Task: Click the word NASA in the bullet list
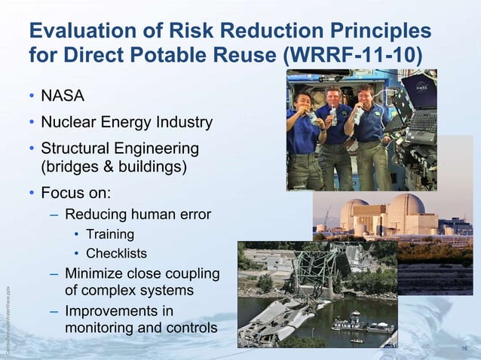click(x=63, y=96)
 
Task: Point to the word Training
click(x=110, y=234)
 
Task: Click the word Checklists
click(x=116, y=253)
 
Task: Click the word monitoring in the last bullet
click(x=102, y=328)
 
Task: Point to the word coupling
click(x=188, y=273)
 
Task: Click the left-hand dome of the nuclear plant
click(x=354, y=210)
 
